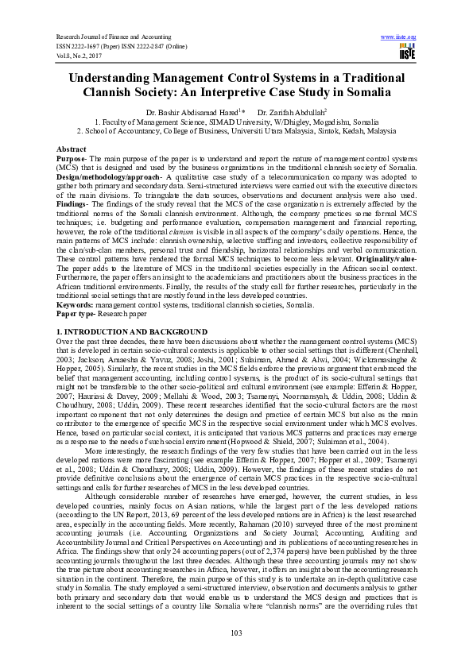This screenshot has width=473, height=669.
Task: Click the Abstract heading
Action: [72, 149]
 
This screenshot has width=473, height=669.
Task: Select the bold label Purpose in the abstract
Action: [70, 157]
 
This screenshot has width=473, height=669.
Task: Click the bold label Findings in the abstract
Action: [72, 204]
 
